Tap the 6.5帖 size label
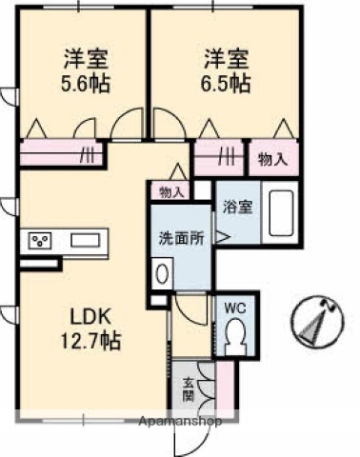226,83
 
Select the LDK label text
83,315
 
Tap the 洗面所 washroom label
181,239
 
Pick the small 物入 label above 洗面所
171,192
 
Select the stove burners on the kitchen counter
40,241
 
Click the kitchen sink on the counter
82,241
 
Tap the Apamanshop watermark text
180,420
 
